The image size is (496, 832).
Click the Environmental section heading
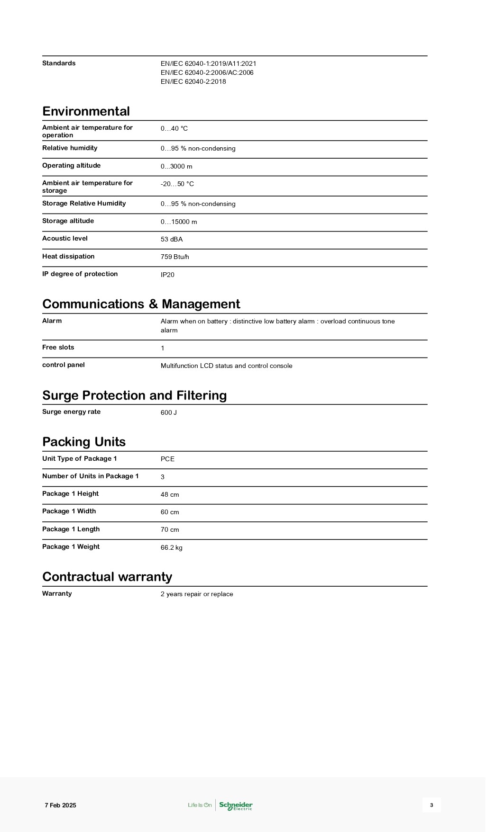coord(86,111)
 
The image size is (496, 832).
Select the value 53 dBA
coord(171,240)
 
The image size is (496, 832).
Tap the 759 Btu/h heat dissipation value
coord(175,257)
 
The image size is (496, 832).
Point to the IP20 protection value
coord(167,275)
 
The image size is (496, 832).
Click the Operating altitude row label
coord(71,166)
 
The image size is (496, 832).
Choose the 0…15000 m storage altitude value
coord(178,222)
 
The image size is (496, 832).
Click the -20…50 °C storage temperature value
coord(177,184)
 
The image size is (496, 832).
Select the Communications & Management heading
coord(141,304)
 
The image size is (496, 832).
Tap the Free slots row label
coord(58,348)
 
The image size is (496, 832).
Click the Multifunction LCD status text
coord(226,366)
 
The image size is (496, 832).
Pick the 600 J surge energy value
coord(168,413)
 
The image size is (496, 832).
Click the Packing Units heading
coord(84,442)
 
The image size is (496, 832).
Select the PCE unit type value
coord(167,459)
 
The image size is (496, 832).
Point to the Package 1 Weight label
coord(71,547)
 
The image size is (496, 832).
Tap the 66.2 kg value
coord(171,548)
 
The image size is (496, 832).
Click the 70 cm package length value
coord(170,530)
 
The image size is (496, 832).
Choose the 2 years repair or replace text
coord(197,594)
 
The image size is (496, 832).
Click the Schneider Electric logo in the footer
coord(236,805)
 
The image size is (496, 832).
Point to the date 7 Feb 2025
coord(60,805)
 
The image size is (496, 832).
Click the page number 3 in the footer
coord(431,805)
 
